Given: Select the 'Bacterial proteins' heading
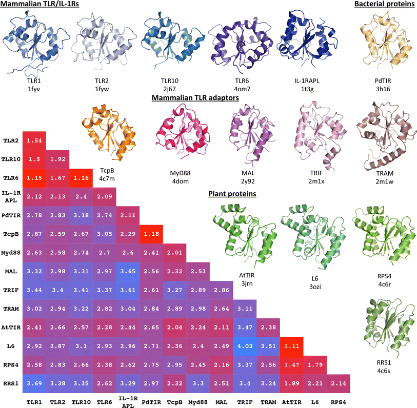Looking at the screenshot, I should coord(384,5).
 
